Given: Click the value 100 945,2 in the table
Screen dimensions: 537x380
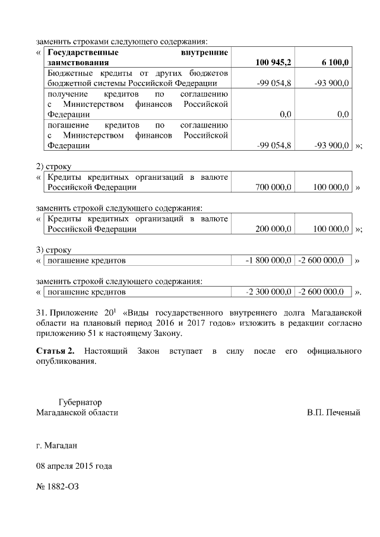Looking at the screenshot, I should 273,62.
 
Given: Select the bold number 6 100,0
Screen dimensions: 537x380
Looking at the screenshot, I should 335,62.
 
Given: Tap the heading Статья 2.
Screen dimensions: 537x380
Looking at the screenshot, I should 55,352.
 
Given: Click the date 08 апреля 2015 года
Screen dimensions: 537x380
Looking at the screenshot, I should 74,466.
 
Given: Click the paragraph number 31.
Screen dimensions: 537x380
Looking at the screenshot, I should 42,312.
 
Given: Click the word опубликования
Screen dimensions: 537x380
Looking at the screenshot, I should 65,362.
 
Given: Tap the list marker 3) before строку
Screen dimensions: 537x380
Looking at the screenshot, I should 40,249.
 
